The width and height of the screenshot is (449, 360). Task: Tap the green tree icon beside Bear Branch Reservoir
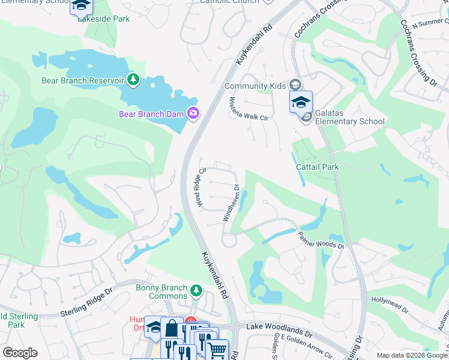pos(133,80)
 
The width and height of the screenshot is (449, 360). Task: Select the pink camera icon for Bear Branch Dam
pos(193,113)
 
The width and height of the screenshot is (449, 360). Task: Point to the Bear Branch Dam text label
pos(151,113)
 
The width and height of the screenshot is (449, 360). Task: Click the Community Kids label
pos(255,86)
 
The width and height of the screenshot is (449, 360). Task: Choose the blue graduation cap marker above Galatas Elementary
pos(301,102)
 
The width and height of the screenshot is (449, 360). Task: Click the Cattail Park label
pos(317,167)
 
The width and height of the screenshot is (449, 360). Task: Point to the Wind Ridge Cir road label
pos(200,186)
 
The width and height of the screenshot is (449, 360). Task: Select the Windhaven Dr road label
pos(231,203)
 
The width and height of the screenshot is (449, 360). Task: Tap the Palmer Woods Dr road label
pos(321,238)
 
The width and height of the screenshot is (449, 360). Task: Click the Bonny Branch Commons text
pos(161,292)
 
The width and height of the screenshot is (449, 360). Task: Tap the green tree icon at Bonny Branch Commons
pos(196,292)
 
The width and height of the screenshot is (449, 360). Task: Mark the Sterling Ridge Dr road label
pos(86,310)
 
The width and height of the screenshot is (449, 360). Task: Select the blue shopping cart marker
pos(217,349)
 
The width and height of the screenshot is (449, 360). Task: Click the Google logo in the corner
pos(20,353)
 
